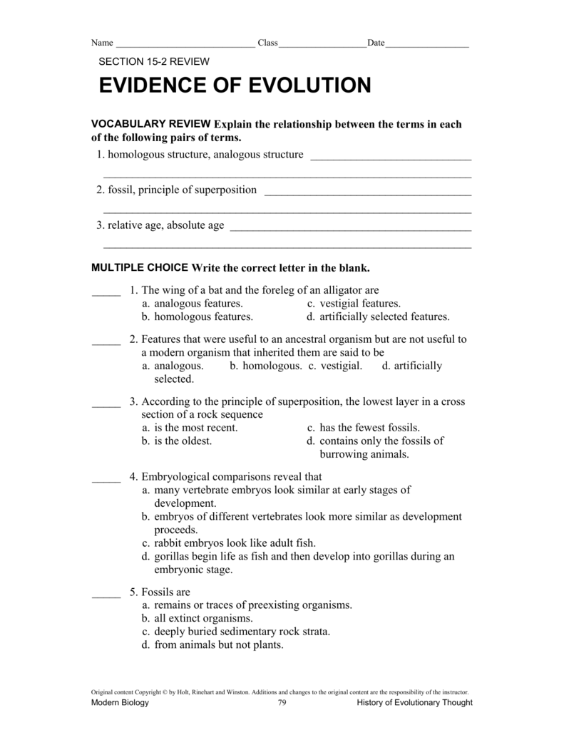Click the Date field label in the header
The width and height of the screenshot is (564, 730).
pos(376,43)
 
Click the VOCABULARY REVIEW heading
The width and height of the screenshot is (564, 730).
pos(151,124)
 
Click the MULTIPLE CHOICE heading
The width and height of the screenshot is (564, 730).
pos(140,268)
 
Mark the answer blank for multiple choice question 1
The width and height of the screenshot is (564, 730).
pos(106,292)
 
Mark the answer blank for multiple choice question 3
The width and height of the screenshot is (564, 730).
pos(106,404)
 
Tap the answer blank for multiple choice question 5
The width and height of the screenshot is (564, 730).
pos(106,594)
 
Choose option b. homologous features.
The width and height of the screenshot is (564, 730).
pos(198,317)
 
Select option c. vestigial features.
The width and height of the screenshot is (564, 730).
pos(354,304)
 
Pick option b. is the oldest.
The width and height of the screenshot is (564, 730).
pos(177,441)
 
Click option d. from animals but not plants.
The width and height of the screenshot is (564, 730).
pos(212,645)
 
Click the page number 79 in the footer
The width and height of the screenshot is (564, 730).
pos(282,703)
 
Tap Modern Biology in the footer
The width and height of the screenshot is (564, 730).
pos(121,703)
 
